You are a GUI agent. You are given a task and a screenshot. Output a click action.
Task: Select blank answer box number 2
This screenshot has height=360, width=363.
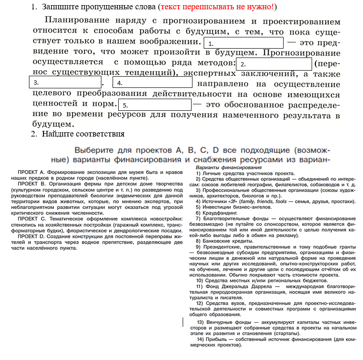[274, 64]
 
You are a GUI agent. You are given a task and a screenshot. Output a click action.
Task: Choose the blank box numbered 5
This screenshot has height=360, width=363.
[155, 105]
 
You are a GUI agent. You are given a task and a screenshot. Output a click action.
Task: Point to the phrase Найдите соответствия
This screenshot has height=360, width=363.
[83, 134]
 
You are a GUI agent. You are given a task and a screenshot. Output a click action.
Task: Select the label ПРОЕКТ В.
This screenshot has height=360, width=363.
[30, 184]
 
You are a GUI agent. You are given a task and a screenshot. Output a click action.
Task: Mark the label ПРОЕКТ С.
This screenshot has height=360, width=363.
[30, 218]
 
